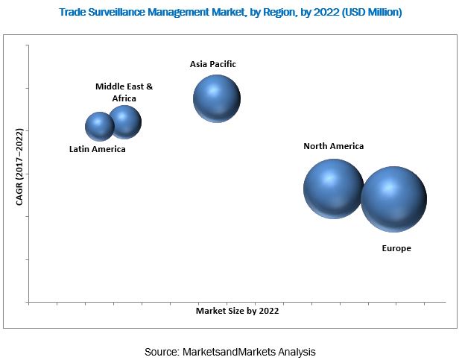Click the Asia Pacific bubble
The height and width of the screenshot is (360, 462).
tap(217, 98)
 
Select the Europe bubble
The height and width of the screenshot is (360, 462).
tap(393, 199)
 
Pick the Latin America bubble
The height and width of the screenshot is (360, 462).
tap(99, 127)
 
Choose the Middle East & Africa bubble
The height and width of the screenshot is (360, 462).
tap(124, 122)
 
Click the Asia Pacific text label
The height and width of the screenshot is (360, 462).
tap(213, 64)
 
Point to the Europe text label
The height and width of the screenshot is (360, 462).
tap(396, 248)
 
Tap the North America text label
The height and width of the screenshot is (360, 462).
tap(333, 146)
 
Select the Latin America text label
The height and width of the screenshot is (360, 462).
tap(98, 149)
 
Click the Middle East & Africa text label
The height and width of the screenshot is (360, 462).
tap(124, 92)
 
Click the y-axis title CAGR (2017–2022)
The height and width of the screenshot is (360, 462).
tap(20, 165)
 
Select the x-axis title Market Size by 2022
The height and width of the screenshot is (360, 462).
tap(238, 310)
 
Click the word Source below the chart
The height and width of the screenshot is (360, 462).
tap(162, 350)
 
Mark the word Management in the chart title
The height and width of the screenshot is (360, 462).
tap(183, 13)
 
